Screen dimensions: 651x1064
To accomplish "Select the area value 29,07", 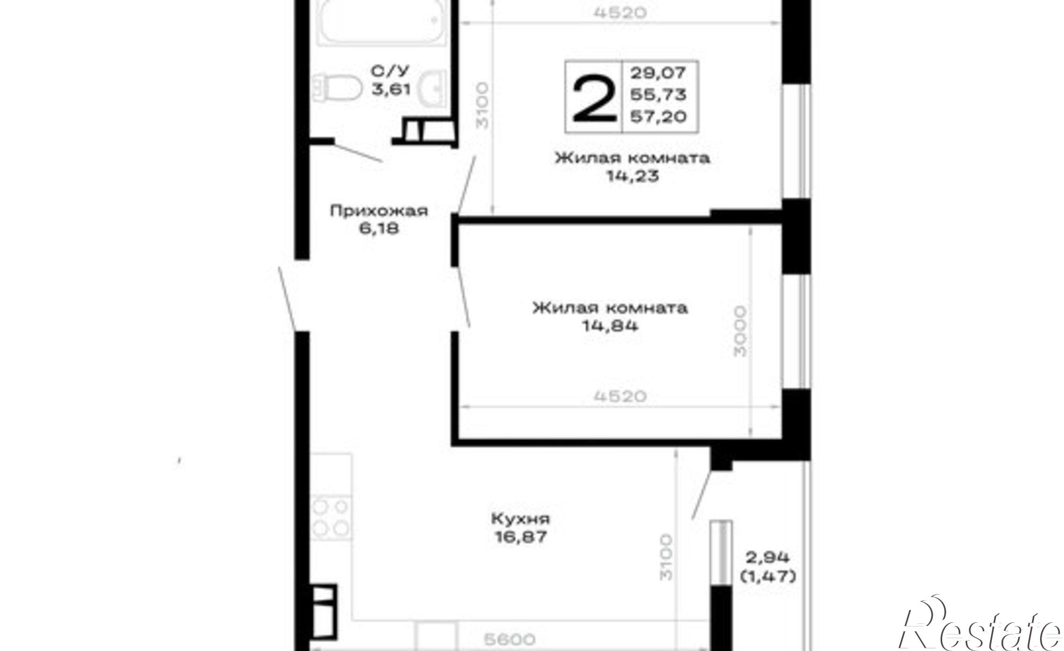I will tap(658, 72).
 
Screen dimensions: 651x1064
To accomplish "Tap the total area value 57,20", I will tap(658, 116).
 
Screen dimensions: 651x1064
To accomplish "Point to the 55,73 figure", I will tap(658, 94).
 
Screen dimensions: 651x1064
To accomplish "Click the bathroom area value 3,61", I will tap(390, 88).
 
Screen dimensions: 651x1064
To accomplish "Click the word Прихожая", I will tap(379, 211).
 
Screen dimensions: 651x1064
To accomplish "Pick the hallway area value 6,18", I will tap(379, 229).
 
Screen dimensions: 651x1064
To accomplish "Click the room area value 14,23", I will tap(633, 176).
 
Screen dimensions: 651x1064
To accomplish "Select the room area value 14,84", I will tap(610, 326).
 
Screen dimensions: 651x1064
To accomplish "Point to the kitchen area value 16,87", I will tap(520, 537).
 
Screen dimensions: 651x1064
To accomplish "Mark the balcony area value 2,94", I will tap(768, 558).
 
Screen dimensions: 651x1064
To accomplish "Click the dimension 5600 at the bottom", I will tap(509, 639).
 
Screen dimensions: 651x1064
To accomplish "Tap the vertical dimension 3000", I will tap(740, 331).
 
